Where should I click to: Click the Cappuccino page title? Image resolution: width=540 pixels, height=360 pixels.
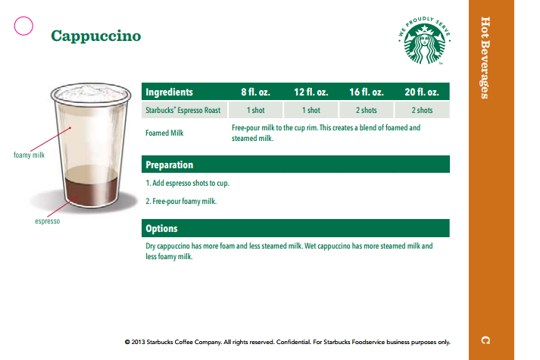coord(95,36)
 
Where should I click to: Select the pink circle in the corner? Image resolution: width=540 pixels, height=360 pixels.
coord(24,26)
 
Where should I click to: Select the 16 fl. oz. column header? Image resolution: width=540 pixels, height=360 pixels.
coord(366,92)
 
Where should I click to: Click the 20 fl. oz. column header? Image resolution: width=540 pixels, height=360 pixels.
coord(422,92)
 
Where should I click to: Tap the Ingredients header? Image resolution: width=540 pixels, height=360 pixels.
coord(169,92)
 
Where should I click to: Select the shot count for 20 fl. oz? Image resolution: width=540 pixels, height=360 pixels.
coord(422,111)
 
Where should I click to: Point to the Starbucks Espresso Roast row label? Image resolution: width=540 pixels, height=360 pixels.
coord(183,111)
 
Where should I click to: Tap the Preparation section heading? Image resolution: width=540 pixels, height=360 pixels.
coord(169,164)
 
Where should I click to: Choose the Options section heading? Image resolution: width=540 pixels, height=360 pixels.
coord(161,228)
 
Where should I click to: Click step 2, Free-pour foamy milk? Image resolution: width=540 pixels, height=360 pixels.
coord(181,201)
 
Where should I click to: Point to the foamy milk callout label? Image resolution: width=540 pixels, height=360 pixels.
coord(30,156)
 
